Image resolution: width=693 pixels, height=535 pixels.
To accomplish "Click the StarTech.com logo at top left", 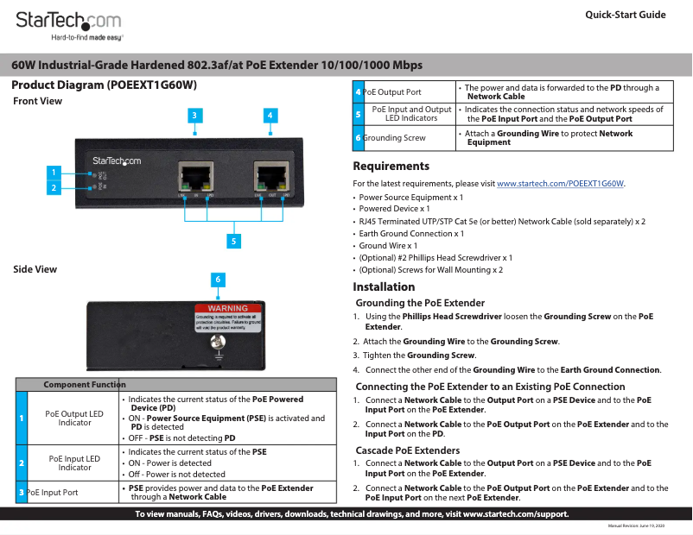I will click(x=69, y=22).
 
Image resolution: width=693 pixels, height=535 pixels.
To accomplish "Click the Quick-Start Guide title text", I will click(x=625, y=15).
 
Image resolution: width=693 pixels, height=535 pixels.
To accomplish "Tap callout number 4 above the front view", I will click(x=270, y=115).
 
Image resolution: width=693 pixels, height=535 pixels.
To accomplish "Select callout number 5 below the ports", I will click(x=233, y=241).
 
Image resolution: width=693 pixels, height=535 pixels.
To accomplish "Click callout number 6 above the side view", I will click(x=219, y=280).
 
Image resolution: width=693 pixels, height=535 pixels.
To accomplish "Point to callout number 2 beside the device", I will click(x=54, y=187).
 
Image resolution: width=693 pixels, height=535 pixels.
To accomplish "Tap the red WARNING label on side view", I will click(x=227, y=308).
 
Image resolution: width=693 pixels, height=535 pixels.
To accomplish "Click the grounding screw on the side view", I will click(x=218, y=343).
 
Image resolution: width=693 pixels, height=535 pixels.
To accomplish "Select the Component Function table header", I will click(x=85, y=384).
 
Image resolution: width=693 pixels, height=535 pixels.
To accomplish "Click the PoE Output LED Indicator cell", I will click(x=74, y=419).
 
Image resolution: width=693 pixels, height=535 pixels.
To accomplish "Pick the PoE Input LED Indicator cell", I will click(x=74, y=463).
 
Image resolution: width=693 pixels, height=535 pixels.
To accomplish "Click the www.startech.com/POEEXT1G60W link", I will click(x=560, y=184).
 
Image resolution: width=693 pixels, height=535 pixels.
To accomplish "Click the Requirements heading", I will click(x=391, y=166).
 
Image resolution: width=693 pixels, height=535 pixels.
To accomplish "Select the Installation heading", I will click(x=384, y=287).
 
